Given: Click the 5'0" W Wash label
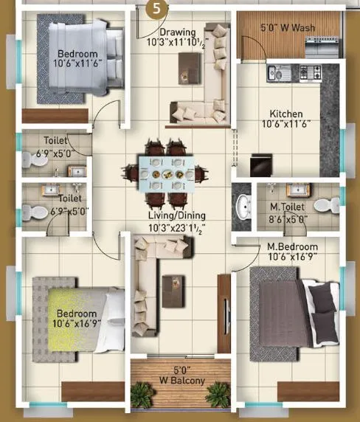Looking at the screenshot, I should coord(288,29).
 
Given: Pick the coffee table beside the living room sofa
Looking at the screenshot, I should coord(174,283).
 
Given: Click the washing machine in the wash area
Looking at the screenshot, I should coord(323,46).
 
